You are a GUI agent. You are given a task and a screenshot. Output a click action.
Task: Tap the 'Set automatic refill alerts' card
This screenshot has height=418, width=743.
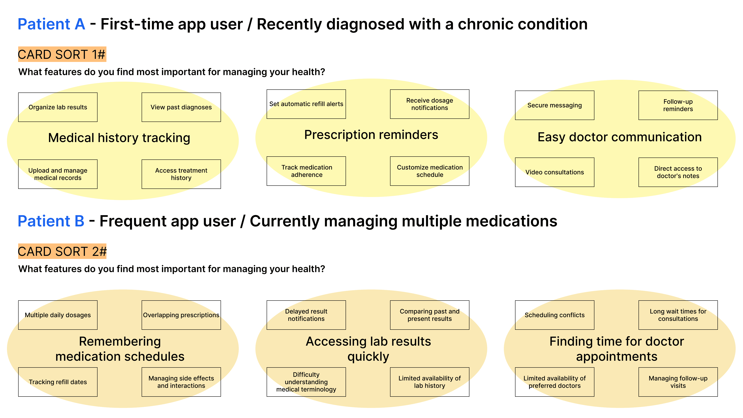pos(306,104)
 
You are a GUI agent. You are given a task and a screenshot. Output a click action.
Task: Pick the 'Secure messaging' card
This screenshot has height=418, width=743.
pos(554,105)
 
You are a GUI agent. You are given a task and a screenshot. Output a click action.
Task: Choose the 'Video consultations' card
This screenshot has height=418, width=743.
pos(554,172)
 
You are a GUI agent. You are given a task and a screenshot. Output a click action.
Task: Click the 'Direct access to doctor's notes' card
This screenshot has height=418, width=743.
pos(678,172)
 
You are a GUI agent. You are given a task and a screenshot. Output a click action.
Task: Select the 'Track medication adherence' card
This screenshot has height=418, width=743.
pos(306,171)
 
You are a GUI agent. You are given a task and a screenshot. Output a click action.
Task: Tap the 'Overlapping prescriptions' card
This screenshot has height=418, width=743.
pos(181,315)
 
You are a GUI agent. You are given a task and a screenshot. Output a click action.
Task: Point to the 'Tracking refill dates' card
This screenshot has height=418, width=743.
pos(58,382)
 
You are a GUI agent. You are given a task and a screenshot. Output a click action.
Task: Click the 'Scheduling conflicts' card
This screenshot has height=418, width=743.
pos(554,315)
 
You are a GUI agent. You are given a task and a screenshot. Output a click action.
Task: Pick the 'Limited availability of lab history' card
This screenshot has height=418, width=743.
pos(430,382)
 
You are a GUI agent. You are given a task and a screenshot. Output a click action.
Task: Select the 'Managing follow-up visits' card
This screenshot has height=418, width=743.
pos(678,382)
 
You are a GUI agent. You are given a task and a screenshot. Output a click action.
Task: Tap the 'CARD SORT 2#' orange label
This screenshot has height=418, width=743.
pos(62,251)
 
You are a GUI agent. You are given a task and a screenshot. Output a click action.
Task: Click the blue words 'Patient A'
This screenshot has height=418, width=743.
pos(51,24)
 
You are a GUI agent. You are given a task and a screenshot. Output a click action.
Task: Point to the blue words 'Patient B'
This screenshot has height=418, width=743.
pos(51,221)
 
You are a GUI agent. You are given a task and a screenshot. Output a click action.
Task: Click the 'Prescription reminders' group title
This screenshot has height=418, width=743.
pos(371,135)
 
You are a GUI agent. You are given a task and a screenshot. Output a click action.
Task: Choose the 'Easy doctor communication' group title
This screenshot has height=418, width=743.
pos(620,137)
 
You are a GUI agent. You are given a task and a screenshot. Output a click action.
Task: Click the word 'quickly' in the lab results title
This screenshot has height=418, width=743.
pos(368,356)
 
